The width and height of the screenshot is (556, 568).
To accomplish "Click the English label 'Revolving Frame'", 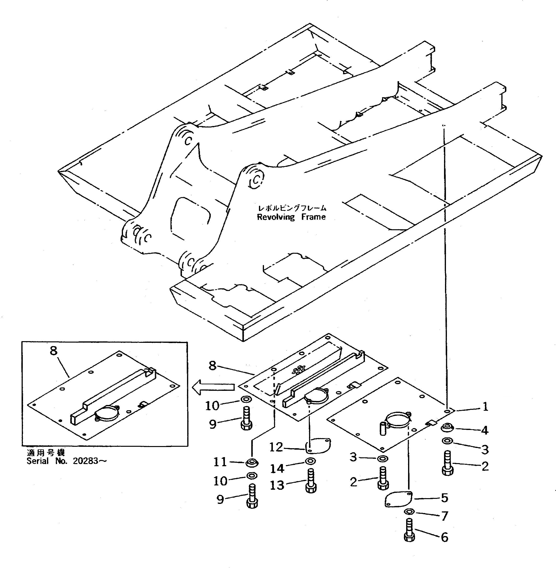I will pos(291,217).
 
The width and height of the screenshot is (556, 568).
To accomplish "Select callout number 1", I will pos(485,407).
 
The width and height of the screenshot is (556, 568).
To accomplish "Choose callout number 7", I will pos(445,516).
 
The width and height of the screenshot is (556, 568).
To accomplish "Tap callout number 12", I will pos(276,447).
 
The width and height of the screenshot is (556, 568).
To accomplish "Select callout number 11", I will pos(220,462).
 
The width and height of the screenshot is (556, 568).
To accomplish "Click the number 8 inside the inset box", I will pos(54,351).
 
